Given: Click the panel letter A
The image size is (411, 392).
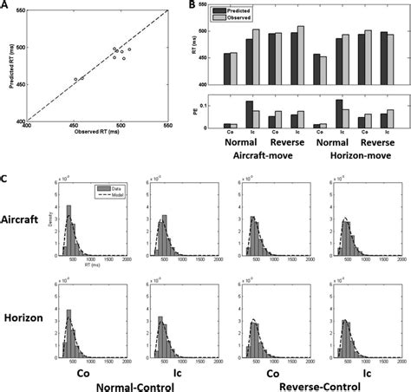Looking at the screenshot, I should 5,5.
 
